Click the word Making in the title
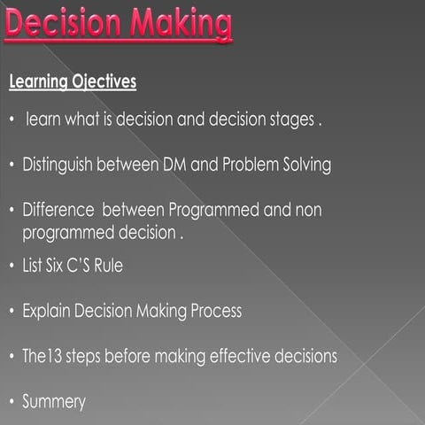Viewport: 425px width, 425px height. (x=177, y=27)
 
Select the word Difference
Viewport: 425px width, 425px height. (x=58, y=212)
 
